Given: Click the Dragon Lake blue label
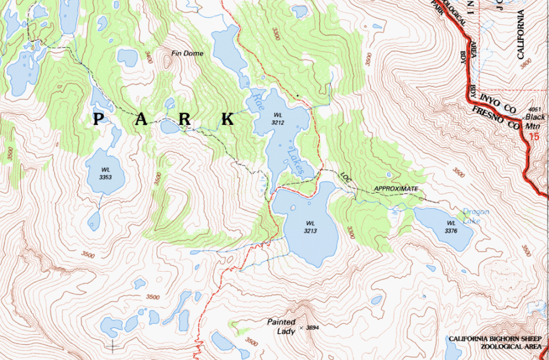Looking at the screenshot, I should tap(476, 216).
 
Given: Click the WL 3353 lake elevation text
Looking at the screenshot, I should tap(105, 173).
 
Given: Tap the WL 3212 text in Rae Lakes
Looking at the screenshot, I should tap(278, 118).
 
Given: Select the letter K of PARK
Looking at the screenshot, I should tap(227, 119).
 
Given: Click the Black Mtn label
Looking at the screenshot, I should tap(535, 121).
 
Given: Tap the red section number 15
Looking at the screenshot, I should tap(533, 137).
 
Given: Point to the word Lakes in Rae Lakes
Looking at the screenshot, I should tap(295, 161).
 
